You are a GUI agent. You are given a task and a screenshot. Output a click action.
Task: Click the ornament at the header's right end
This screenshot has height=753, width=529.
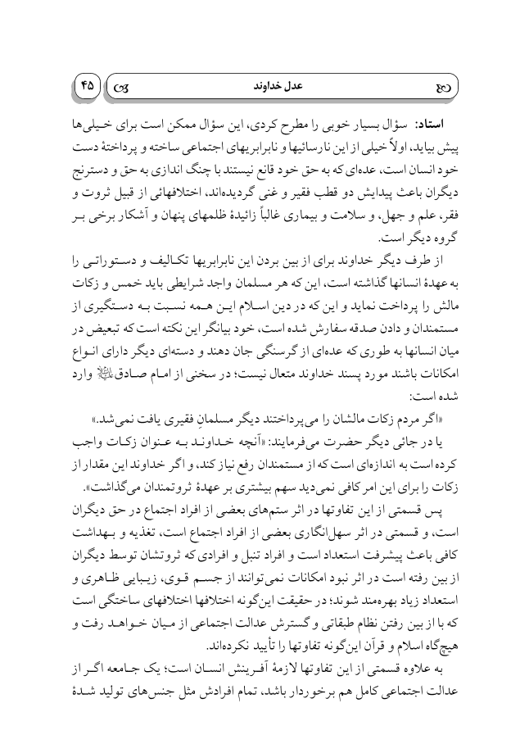[448, 84]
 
